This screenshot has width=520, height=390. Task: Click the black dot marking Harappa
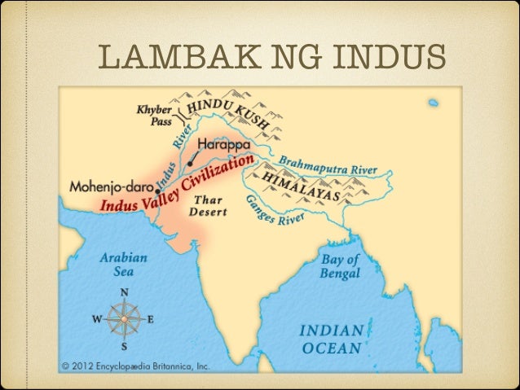pyautogui.click(x=190, y=163)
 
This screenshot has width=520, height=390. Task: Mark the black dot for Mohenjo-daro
pyautogui.click(x=156, y=186)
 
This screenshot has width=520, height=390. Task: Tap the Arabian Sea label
pyautogui.click(x=123, y=263)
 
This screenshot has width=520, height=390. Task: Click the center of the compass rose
pyautogui.click(x=125, y=319)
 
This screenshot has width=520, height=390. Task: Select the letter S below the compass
pyautogui.click(x=125, y=348)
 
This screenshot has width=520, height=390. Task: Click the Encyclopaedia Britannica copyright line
pyautogui.click(x=137, y=366)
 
